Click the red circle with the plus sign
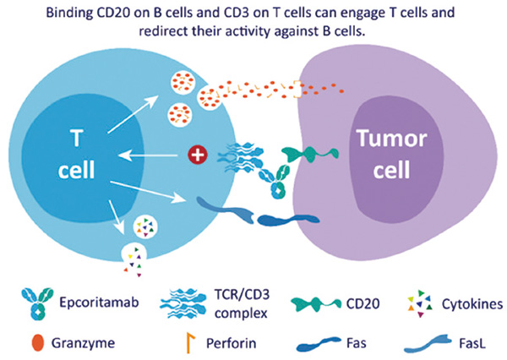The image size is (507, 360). (x=197, y=155)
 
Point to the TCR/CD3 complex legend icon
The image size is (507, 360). (x=183, y=297)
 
